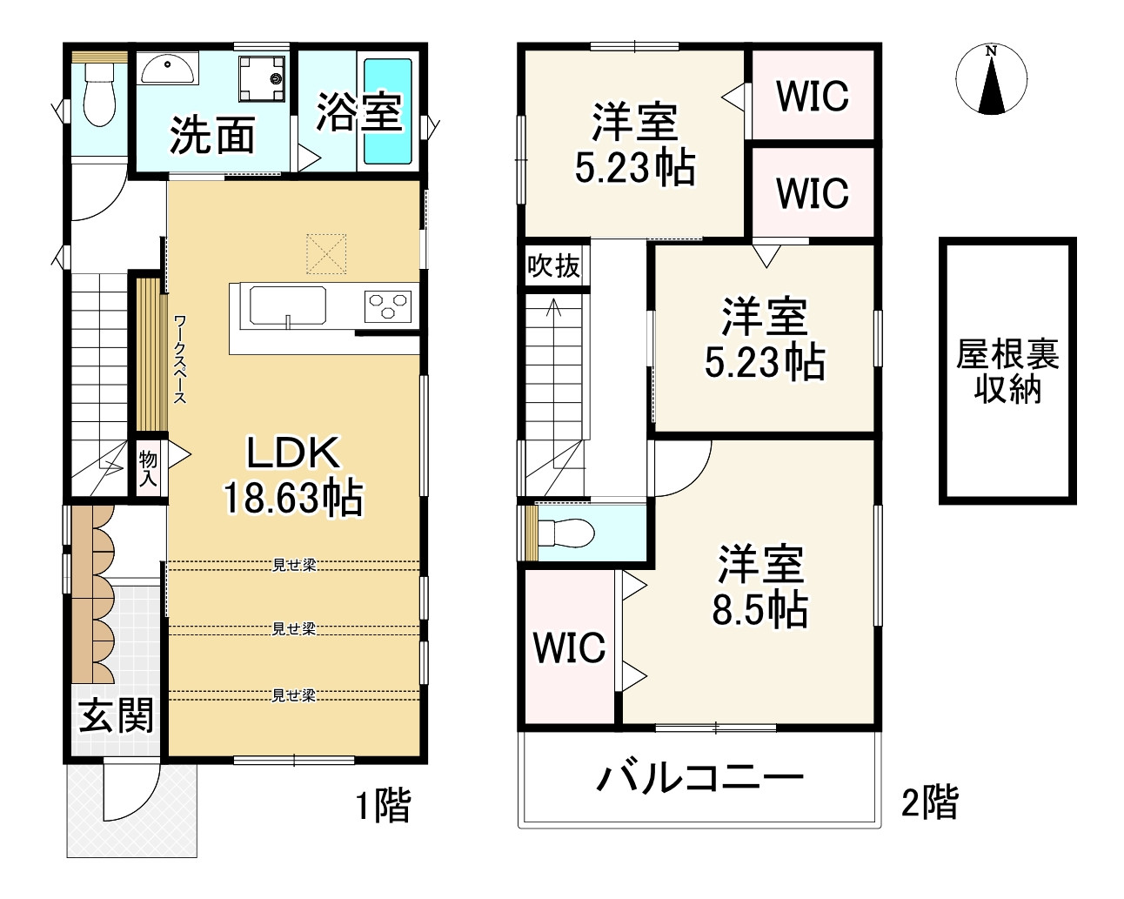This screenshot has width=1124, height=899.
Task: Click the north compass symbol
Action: click(991, 79)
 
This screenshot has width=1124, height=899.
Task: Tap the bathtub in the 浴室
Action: click(387, 111)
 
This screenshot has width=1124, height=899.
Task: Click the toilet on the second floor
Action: click(565, 532)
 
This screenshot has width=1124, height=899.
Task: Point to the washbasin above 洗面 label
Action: click(168, 69)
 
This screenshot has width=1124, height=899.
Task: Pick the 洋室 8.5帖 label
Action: click(760, 587)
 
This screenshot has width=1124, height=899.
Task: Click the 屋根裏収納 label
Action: click(1007, 371)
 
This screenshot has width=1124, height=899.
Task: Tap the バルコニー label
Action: click(699, 777)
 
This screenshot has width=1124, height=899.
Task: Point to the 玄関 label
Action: click(117, 715)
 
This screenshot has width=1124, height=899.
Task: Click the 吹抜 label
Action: click(554, 266)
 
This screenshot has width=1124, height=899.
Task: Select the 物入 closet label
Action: click(148, 468)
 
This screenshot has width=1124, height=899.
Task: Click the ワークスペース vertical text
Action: click(180, 359)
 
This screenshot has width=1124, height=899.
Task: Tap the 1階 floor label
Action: click(383, 806)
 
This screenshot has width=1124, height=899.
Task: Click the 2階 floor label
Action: click(929, 802)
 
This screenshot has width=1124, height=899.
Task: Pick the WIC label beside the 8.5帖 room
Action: click(569, 648)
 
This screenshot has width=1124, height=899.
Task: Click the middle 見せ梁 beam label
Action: click(294, 628)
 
